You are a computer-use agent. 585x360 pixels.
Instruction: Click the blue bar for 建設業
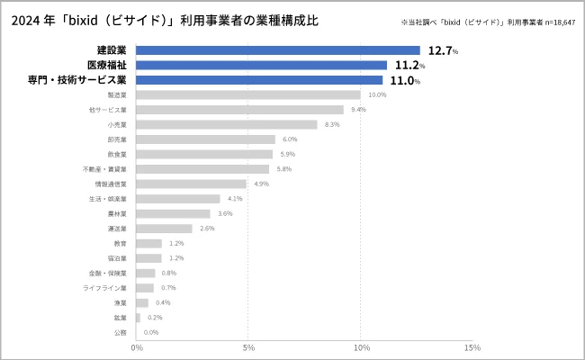pyautogui.click(x=278, y=50)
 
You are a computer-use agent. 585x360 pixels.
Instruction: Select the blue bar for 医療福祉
pyautogui.click(x=262, y=65)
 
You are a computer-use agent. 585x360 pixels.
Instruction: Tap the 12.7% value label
pyautogui.click(x=442, y=50)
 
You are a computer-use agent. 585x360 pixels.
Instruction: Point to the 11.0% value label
pyautogui.click(x=404, y=80)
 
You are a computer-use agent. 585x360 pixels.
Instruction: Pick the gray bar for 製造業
pyautogui.click(x=248, y=94)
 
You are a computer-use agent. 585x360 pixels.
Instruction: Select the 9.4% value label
pyautogui.click(x=358, y=110)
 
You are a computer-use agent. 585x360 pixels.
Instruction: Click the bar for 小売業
pyautogui.click(x=227, y=124)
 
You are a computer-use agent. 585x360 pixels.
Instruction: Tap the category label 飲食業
pyautogui.click(x=117, y=154)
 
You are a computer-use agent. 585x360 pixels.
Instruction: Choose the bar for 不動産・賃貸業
pyautogui.click(x=202, y=169)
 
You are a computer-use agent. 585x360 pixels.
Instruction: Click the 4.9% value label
pyautogui.click(x=261, y=184)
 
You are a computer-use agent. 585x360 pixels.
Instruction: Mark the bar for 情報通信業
pyautogui.click(x=192, y=184)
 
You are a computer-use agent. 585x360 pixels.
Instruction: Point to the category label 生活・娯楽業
pyautogui.click(x=108, y=199)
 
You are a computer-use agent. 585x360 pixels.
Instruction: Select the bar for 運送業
pyautogui.click(x=165, y=229)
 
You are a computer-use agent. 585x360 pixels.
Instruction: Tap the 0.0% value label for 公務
pyautogui.click(x=151, y=332)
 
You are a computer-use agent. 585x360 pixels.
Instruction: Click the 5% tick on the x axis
pyautogui.click(x=248, y=347)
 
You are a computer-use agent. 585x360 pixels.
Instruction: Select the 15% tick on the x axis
pyautogui.click(x=472, y=347)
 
